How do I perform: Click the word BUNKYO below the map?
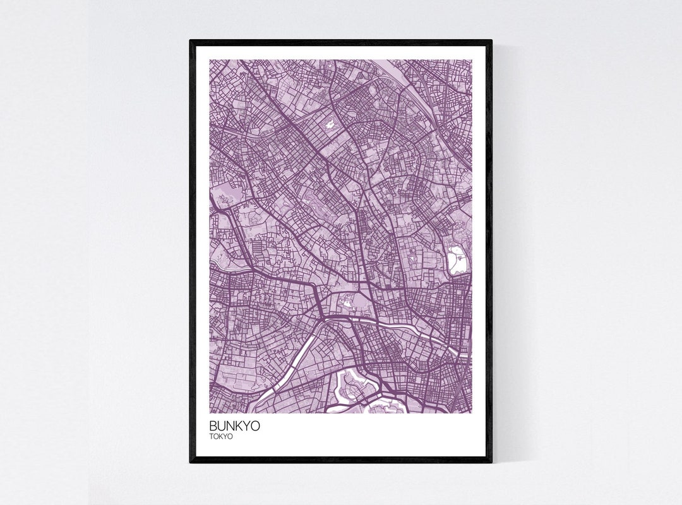click(234, 426)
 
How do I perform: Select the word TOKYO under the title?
click(222, 436)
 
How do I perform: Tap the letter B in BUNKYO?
click(213, 426)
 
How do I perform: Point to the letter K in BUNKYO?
click(239, 426)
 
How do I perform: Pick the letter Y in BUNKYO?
click(246, 426)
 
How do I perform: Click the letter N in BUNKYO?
click(230, 426)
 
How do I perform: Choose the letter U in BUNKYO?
click(222, 426)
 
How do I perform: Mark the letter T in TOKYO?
click(212, 436)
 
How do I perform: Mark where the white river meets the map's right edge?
click(469, 354)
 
